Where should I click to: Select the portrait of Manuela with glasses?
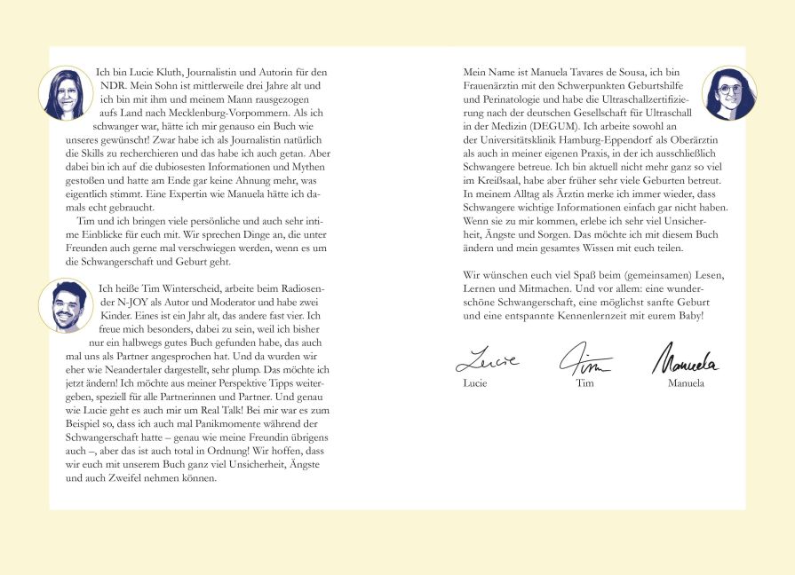click(x=728, y=93)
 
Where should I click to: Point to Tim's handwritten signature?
click(x=584, y=359)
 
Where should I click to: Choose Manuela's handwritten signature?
click(x=685, y=359)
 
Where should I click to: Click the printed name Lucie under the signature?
click(x=476, y=383)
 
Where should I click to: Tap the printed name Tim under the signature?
click(x=584, y=383)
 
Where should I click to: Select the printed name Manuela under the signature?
click(x=686, y=383)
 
